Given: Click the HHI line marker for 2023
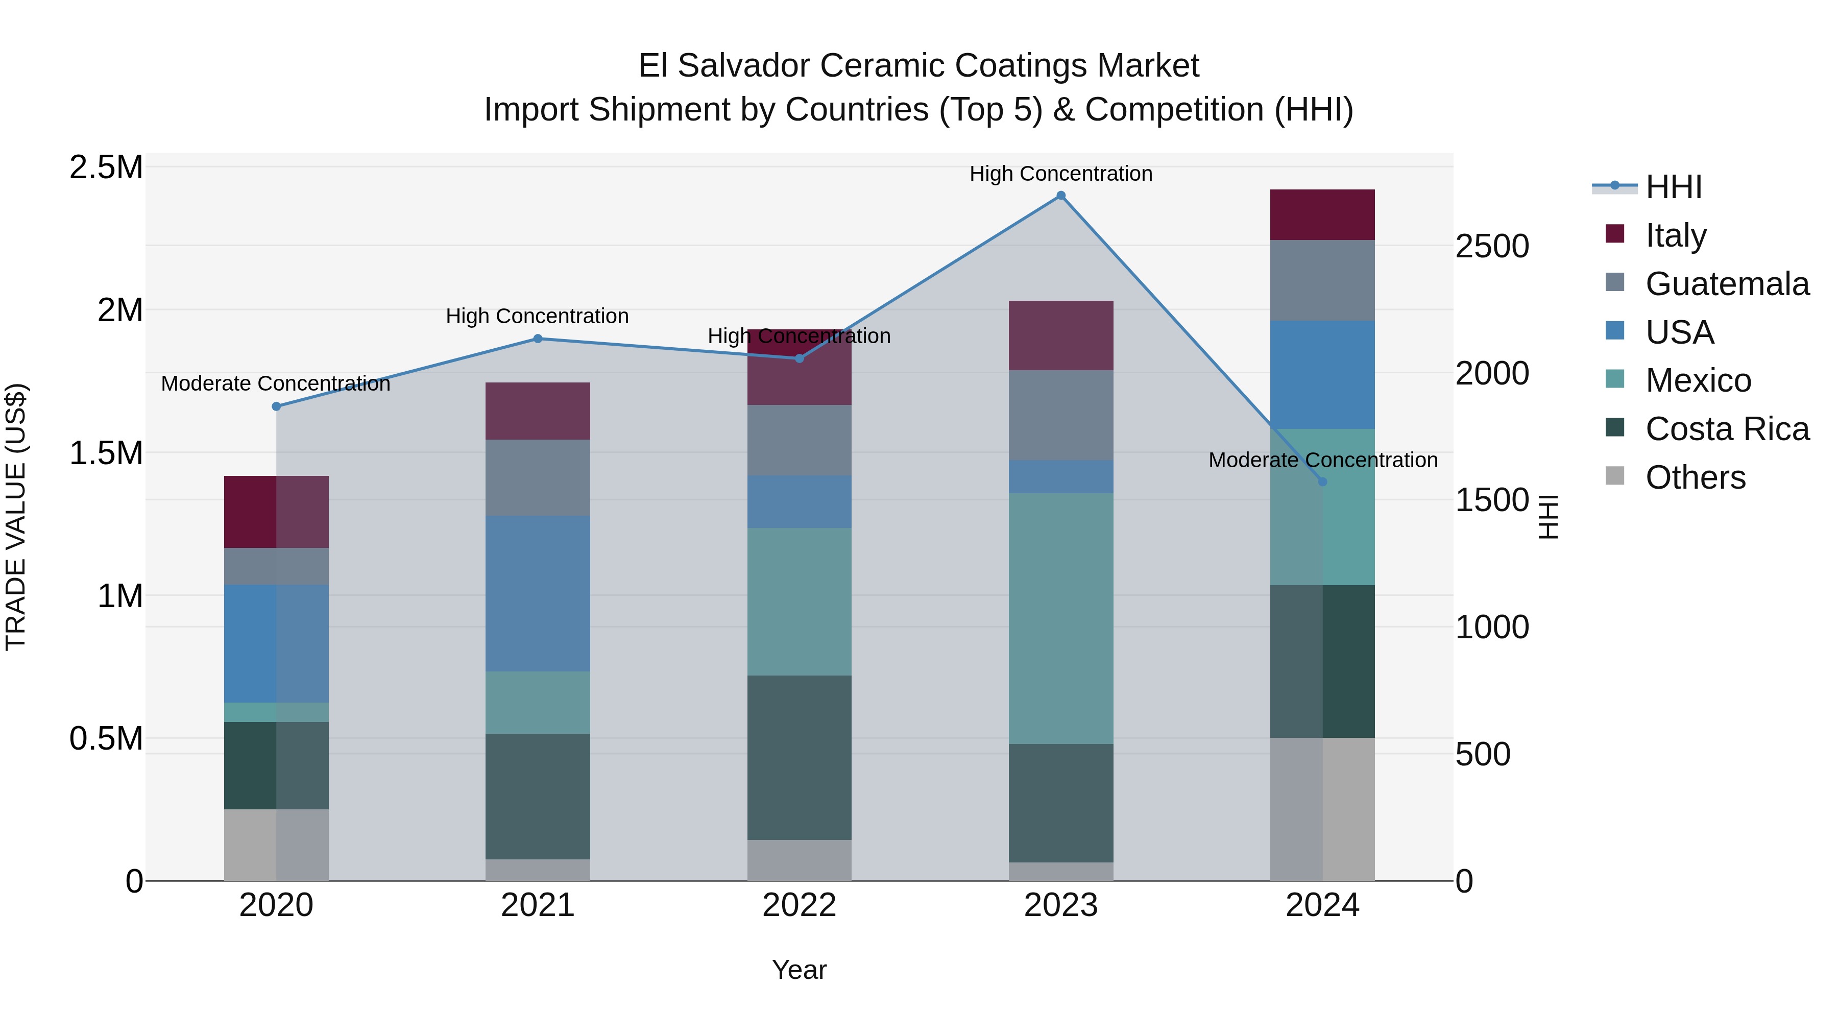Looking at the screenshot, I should (x=1060, y=196).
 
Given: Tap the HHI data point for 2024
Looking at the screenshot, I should (x=1322, y=482).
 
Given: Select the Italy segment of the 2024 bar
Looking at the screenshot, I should (x=1322, y=215).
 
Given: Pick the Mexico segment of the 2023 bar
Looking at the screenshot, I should (x=1060, y=619).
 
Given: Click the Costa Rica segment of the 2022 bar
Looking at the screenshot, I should (x=799, y=758).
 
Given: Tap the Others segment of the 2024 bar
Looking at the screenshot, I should (x=1322, y=809).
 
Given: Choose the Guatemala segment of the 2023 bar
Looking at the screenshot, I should (x=1060, y=415).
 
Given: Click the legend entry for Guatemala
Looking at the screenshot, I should (x=1726, y=284).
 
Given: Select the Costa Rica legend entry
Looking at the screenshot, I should (x=1726, y=429).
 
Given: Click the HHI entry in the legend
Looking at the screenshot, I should (x=1673, y=187).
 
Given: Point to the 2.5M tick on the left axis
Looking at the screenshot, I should (x=106, y=167).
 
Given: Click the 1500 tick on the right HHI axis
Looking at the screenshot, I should (x=1492, y=500).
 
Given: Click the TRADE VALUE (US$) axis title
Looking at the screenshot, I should (x=16, y=517).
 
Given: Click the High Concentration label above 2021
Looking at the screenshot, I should (x=537, y=316).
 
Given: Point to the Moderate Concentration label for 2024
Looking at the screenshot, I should (x=1322, y=460).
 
